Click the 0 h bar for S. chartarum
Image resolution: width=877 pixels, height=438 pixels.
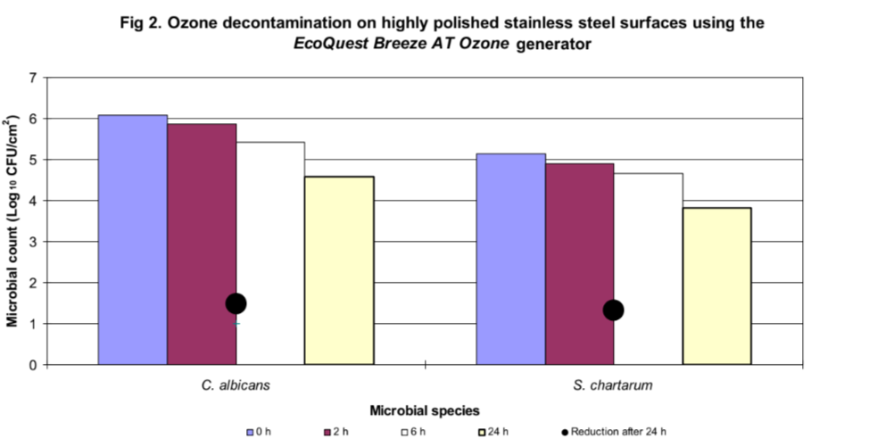(x=510, y=259)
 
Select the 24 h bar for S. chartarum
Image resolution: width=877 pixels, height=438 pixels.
(x=717, y=285)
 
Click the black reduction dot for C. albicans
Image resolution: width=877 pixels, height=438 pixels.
(x=236, y=303)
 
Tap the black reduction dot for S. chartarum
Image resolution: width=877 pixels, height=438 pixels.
(x=613, y=310)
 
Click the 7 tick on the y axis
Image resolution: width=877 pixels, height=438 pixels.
(x=33, y=78)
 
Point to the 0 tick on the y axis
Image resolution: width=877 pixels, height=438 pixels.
(x=33, y=365)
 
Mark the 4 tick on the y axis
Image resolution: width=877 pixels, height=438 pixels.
(x=33, y=201)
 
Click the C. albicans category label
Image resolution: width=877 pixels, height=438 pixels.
(x=236, y=386)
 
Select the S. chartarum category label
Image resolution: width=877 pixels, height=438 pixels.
(x=614, y=386)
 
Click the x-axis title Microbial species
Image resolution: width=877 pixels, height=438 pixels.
(x=425, y=411)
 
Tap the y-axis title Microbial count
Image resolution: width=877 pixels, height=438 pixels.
(x=12, y=220)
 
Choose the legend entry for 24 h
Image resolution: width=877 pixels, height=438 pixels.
(x=496, y=432)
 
